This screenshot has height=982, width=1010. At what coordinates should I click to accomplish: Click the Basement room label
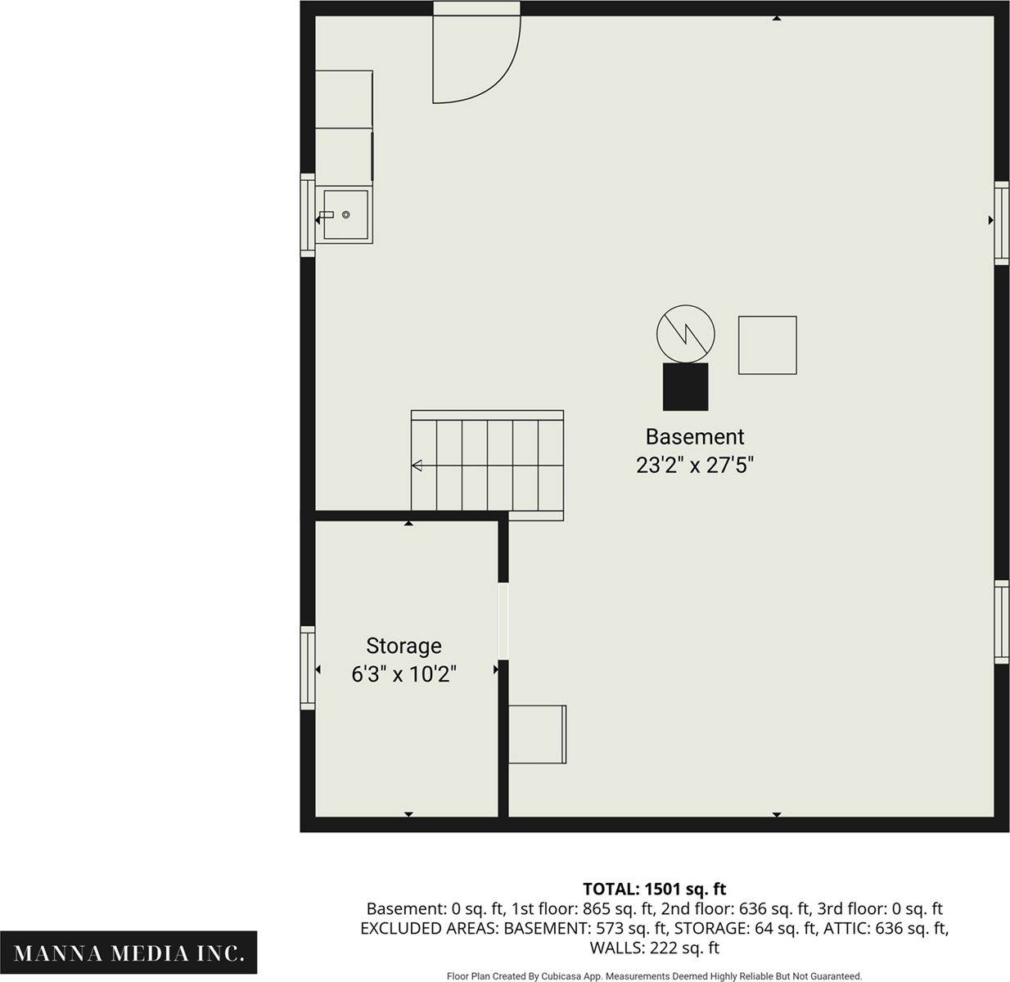[x=694, y=437]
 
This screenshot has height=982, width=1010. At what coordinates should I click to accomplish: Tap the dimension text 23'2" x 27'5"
[x=694, y=465]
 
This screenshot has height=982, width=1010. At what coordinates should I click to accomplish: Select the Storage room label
[x=404, y=646]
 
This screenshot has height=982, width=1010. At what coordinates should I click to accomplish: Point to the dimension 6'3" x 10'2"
[x=404, y=674]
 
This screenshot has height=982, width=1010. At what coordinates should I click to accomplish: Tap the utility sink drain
[x=346, y=215]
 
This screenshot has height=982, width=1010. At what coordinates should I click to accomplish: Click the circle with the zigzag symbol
[x=686, y=334]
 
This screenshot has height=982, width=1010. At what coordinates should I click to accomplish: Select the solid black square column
[x=686, y=387]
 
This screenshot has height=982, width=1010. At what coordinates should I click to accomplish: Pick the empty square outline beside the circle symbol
[x=768, y=345]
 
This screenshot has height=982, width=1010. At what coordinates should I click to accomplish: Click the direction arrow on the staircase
[x=417, y=466]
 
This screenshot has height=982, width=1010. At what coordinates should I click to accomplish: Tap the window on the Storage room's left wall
[x=308, y=668]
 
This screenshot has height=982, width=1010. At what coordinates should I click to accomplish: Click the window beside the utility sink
[x=308, y=215]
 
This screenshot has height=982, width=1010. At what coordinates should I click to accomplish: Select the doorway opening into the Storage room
[x=503, y=621]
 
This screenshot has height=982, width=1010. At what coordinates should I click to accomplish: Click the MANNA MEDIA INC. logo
[x=129, y=953]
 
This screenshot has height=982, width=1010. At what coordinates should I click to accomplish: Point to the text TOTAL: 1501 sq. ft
[x=655, y=889]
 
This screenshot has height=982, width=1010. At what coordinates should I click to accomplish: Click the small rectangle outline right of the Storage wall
[x=537, y=734]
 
